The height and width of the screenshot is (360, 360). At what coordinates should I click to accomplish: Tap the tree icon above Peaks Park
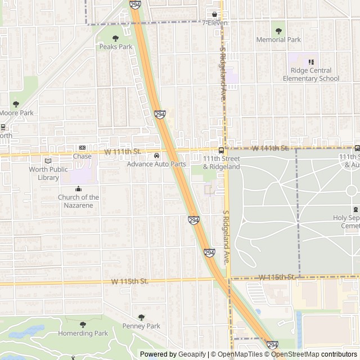115,38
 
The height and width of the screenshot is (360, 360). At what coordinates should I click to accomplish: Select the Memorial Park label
278,40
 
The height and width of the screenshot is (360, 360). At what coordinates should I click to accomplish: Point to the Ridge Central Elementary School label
315,75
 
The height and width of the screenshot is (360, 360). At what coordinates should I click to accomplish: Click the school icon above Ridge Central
310,62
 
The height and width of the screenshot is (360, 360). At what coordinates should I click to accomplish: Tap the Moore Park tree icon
16,104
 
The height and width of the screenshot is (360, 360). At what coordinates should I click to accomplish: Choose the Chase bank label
82,156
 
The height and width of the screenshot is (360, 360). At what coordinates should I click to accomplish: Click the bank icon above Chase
82,147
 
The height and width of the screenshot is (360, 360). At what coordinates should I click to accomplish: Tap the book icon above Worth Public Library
48,160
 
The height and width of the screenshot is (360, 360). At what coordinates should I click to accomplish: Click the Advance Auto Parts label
156,164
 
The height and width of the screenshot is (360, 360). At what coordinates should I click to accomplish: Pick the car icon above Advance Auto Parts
156,156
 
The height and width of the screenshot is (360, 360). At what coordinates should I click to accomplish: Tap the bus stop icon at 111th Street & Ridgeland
221,150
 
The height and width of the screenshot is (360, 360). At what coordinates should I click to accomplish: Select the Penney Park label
141,326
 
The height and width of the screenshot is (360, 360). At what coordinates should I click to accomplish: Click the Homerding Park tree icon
83,325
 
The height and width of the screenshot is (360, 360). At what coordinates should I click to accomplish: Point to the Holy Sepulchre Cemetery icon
355,209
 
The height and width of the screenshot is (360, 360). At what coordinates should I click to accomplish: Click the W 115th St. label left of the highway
129,281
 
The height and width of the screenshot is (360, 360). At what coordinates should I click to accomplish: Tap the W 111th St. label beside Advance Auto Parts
123,152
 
